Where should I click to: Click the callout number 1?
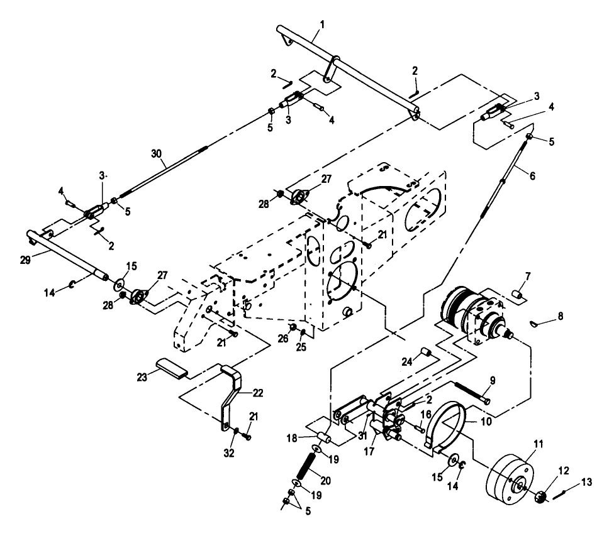[322, 25]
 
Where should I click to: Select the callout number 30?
[156, 154]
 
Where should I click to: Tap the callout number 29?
[25, 260]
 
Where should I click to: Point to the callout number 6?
[532, 176]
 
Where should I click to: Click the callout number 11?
[539, 444]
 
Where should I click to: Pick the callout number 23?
[142, 377]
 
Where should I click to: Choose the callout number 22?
[258, 392]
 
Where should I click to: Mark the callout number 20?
[326, 480]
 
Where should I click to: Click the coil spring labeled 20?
[306, 466]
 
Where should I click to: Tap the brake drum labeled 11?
[510, 479]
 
